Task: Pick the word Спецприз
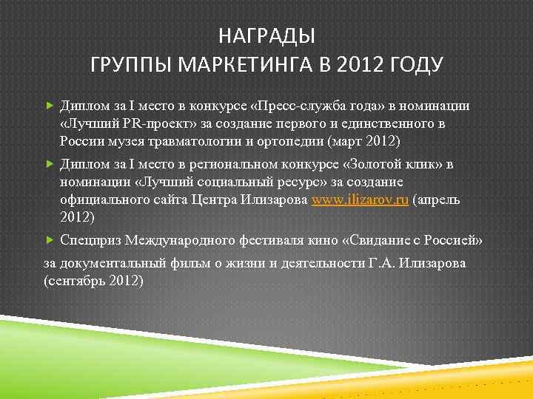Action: click(x=91, y=241)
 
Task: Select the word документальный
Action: click(x=110, y=263)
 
